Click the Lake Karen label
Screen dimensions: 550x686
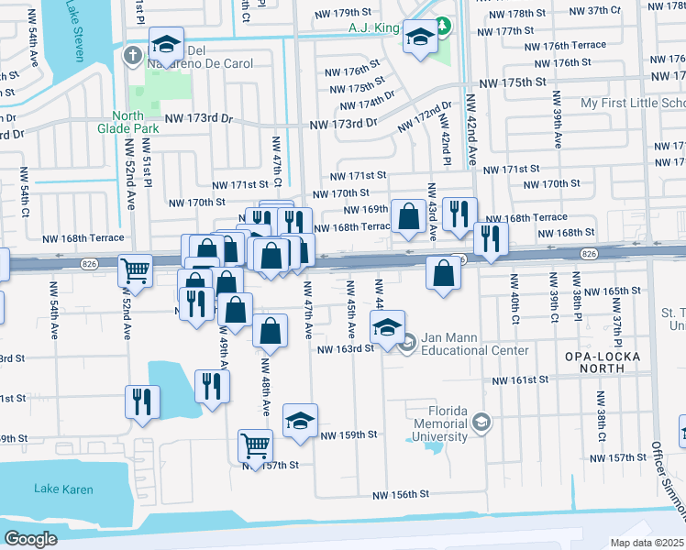pos(63,489)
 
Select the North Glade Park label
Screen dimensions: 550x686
pos(135,122)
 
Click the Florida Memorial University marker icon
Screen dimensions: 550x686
pos(481,423)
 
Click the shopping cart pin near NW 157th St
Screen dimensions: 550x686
pos(256,446)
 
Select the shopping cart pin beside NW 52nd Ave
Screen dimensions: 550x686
pos(136,270)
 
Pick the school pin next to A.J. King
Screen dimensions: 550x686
pos(420,38)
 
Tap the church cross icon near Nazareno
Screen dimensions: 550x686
pos(133,55)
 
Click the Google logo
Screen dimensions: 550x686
pos(30,539)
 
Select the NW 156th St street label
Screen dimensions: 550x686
pos(401,494)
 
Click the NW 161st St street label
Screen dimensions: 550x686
pos(520,379)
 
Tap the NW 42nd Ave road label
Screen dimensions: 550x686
pos(471,128)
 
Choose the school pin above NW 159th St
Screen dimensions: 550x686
pos(300,421)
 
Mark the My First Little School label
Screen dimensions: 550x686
pos(632,103)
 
